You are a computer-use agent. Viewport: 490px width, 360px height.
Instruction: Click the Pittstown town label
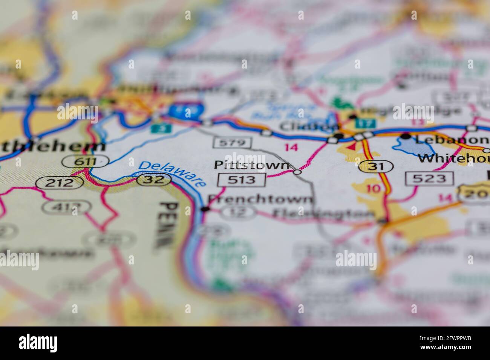click(x=252, y=165)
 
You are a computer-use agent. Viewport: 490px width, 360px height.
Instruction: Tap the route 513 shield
click(x=241, y=180)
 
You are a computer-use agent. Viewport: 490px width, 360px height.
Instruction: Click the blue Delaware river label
click(x=172, y=174)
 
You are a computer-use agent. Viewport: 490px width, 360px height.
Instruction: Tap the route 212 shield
click(x=60, y=183)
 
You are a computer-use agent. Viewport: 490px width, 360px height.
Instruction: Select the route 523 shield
click(x=429, y=178)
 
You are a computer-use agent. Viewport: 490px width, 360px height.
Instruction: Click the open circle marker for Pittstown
click(x=297, y=172)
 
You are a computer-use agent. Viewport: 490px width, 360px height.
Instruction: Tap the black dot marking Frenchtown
click(x=205, y=209)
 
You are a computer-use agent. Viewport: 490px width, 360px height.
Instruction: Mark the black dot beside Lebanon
click(x=406, y=136)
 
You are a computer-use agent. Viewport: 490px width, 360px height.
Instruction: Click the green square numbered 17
click(x=370, y=123)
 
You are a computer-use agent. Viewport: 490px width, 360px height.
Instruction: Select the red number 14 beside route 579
click(x=291, y=147)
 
